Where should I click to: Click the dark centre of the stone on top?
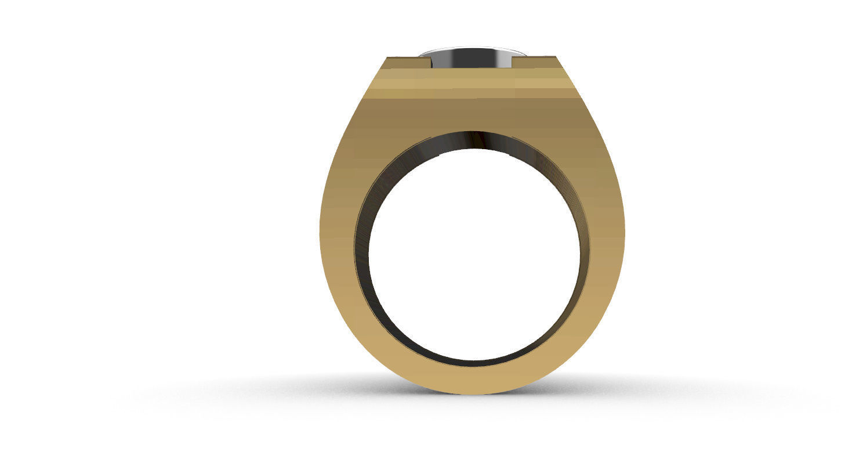[471, 59]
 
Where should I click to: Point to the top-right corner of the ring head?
[556, 57]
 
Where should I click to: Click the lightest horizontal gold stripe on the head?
[472, 84]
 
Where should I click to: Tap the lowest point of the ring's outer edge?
[473, 394]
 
